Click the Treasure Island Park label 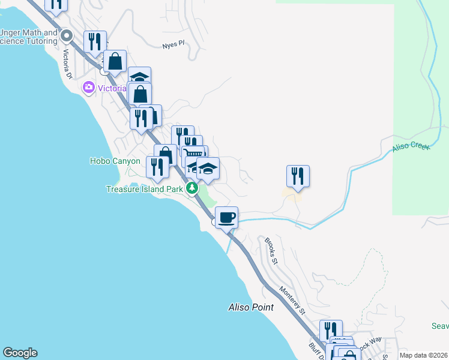coord(144,189)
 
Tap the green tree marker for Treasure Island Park coord(192,188)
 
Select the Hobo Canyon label coord(115,161)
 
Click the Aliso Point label coord(251,307)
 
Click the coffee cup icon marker coord(226,217)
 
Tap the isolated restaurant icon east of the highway coord(298,176)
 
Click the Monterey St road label coord(292,299)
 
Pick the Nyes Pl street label coord(173,44)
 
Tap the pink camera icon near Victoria coord(89,88)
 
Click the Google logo coord(20,353)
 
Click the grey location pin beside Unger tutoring coord(67,37)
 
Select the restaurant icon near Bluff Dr coord(331,331)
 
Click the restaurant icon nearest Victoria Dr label coord(95,41)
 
